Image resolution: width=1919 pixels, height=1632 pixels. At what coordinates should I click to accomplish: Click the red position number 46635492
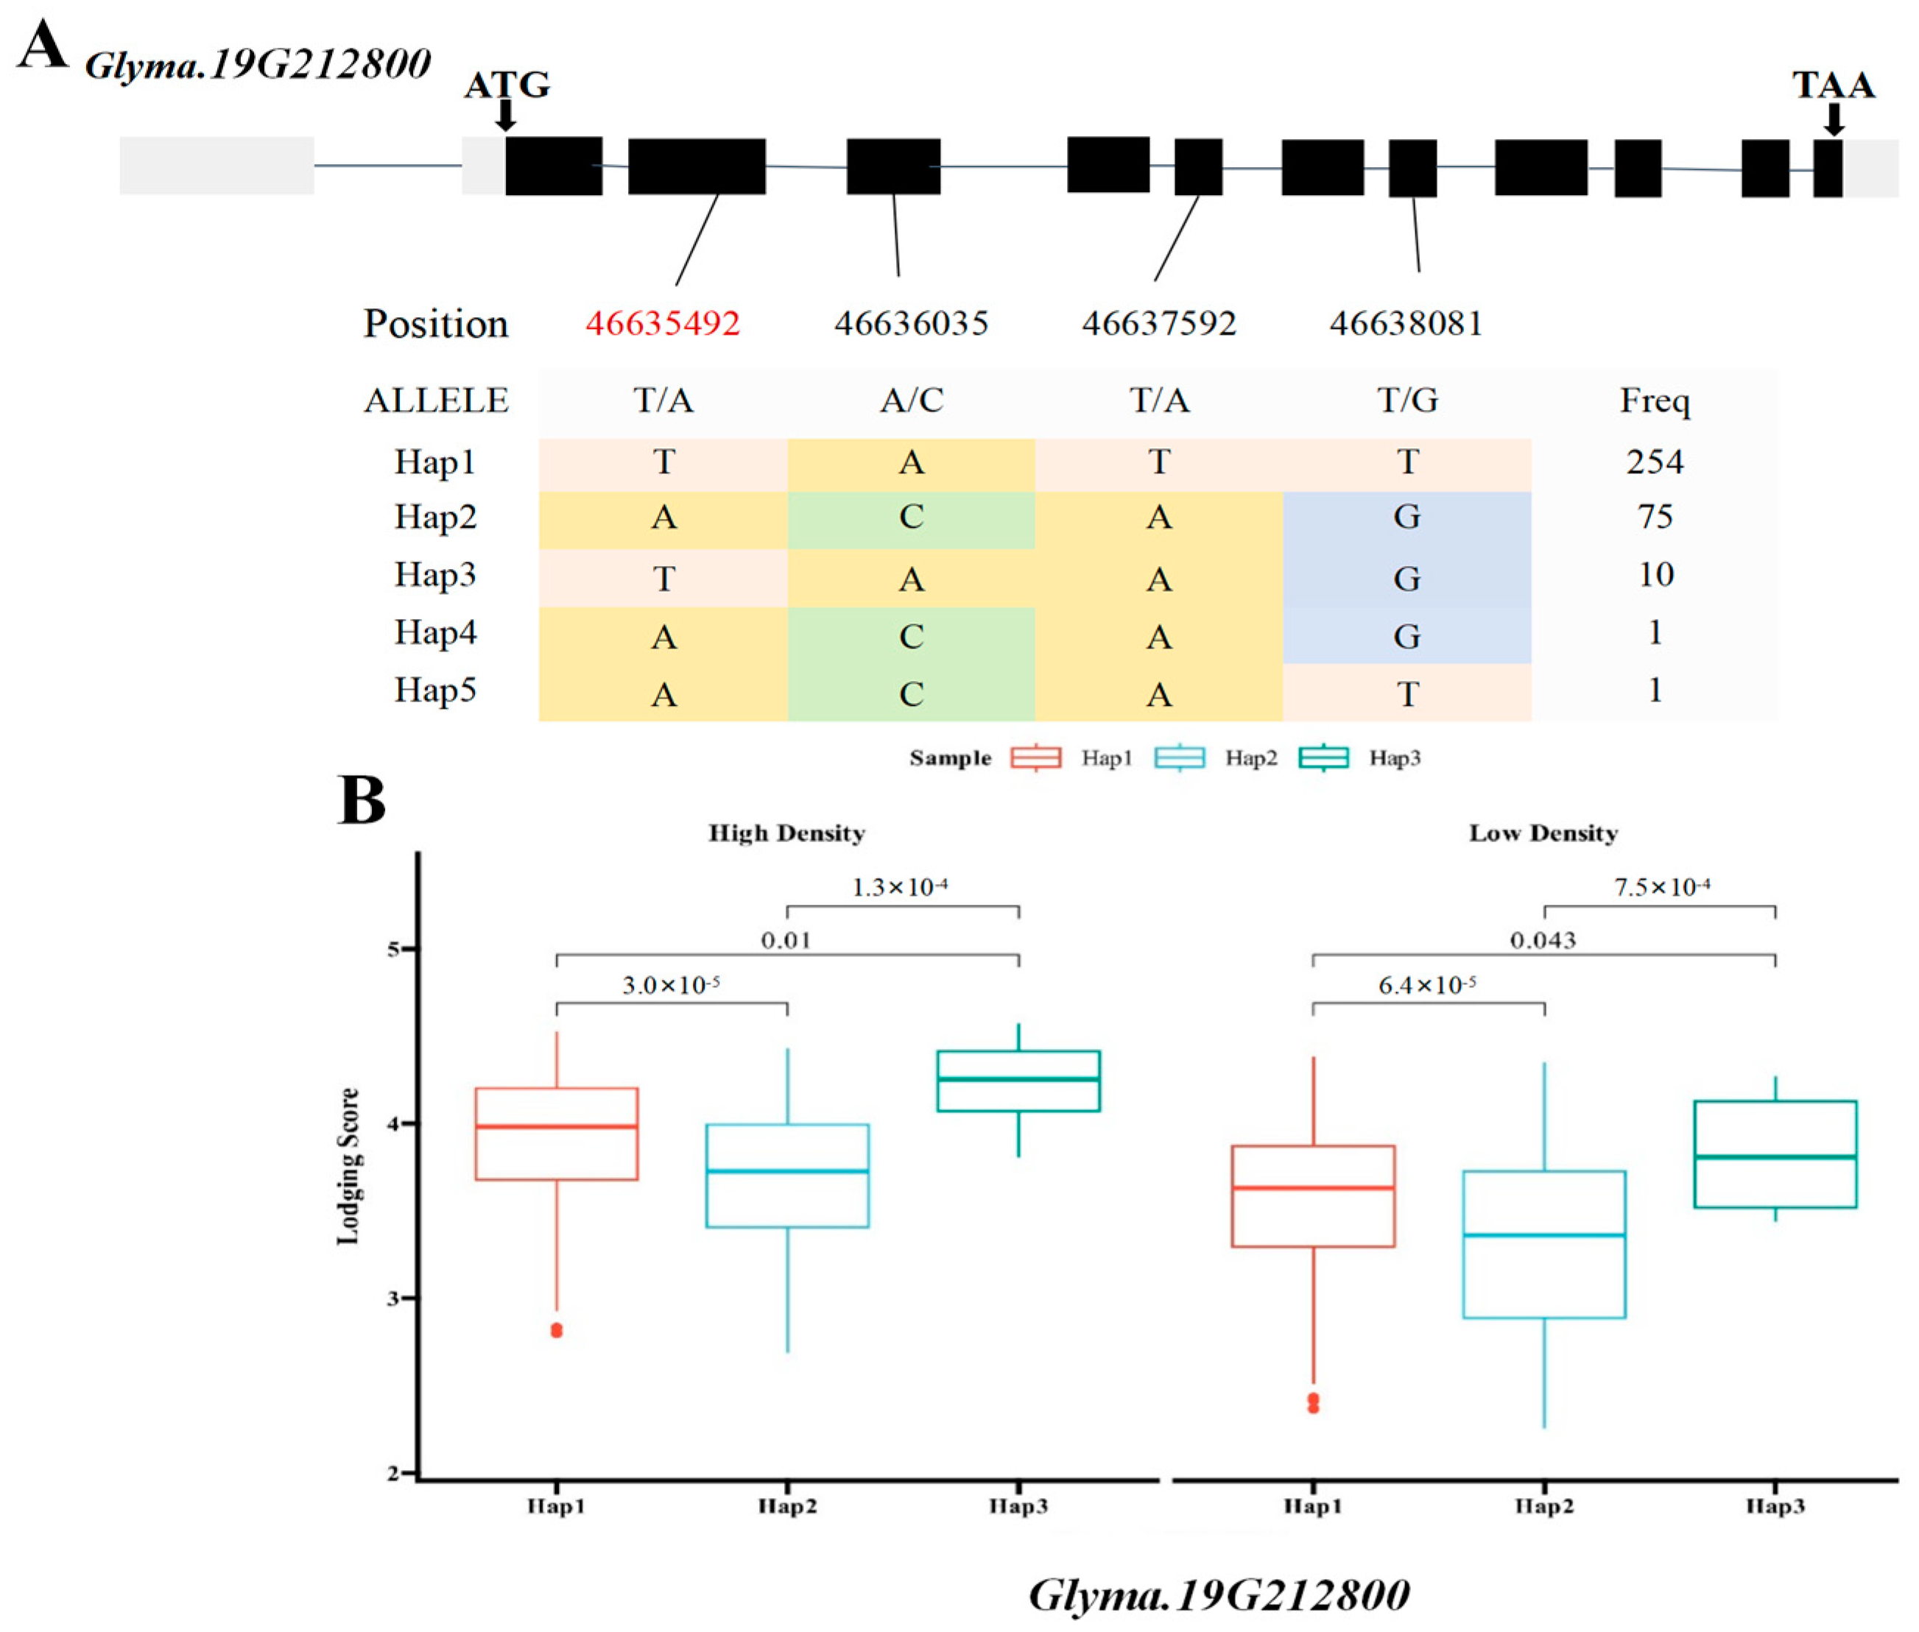663,323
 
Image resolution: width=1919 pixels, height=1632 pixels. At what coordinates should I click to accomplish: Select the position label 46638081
1406,323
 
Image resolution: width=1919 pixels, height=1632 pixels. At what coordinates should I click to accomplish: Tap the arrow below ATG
505,116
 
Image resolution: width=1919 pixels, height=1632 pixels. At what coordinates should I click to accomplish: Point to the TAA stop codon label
1833,85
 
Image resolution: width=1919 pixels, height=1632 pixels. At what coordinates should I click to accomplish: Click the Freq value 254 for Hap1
1655,462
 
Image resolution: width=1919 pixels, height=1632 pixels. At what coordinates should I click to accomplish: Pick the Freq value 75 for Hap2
1655,516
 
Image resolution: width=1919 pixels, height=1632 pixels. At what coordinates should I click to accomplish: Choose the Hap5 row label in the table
435,690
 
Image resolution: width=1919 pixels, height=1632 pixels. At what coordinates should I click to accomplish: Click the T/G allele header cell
1407,400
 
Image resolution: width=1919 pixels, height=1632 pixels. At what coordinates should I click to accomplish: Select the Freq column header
1655,400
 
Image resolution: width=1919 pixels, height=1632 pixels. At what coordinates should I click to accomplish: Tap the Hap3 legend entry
1360,759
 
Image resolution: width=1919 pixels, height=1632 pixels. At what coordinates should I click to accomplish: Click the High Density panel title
786,833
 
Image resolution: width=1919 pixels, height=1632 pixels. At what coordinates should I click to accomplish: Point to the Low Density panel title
1543,833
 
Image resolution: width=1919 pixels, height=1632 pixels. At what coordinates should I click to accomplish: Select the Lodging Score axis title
348,1166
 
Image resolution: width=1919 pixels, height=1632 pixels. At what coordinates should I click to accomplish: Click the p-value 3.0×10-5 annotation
671,985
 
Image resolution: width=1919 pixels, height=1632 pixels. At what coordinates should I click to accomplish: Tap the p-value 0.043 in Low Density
1543,941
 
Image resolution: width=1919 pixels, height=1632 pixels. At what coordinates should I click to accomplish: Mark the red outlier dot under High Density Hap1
556,1330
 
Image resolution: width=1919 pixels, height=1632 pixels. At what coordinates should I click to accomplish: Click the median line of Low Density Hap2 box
1543,1235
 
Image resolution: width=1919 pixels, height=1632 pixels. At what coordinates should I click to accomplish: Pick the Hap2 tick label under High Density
787,1507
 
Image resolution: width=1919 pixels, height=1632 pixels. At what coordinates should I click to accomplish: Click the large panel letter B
362,800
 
